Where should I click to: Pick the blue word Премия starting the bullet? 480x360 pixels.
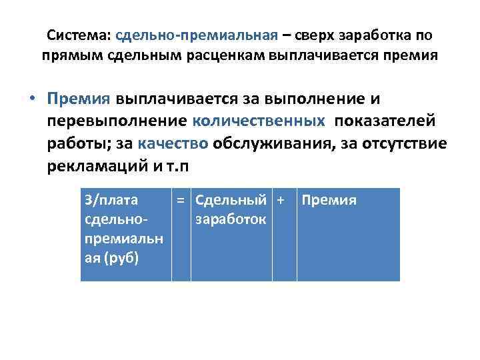(x=78, y=99)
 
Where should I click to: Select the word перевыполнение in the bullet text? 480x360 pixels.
(x=117, y=121)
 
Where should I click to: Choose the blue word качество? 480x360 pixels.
(x=175, y=143)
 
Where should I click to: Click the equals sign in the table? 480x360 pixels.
(x=180, y=200)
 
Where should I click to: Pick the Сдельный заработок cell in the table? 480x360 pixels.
(x=231, y=209)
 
